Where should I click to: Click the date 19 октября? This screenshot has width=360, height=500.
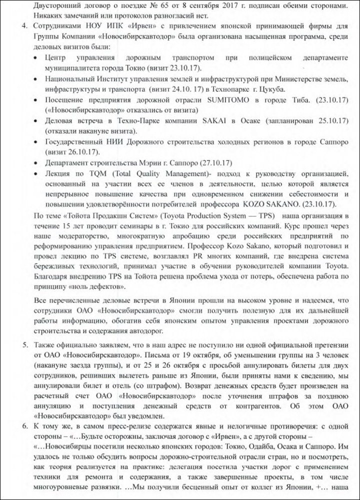191,355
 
